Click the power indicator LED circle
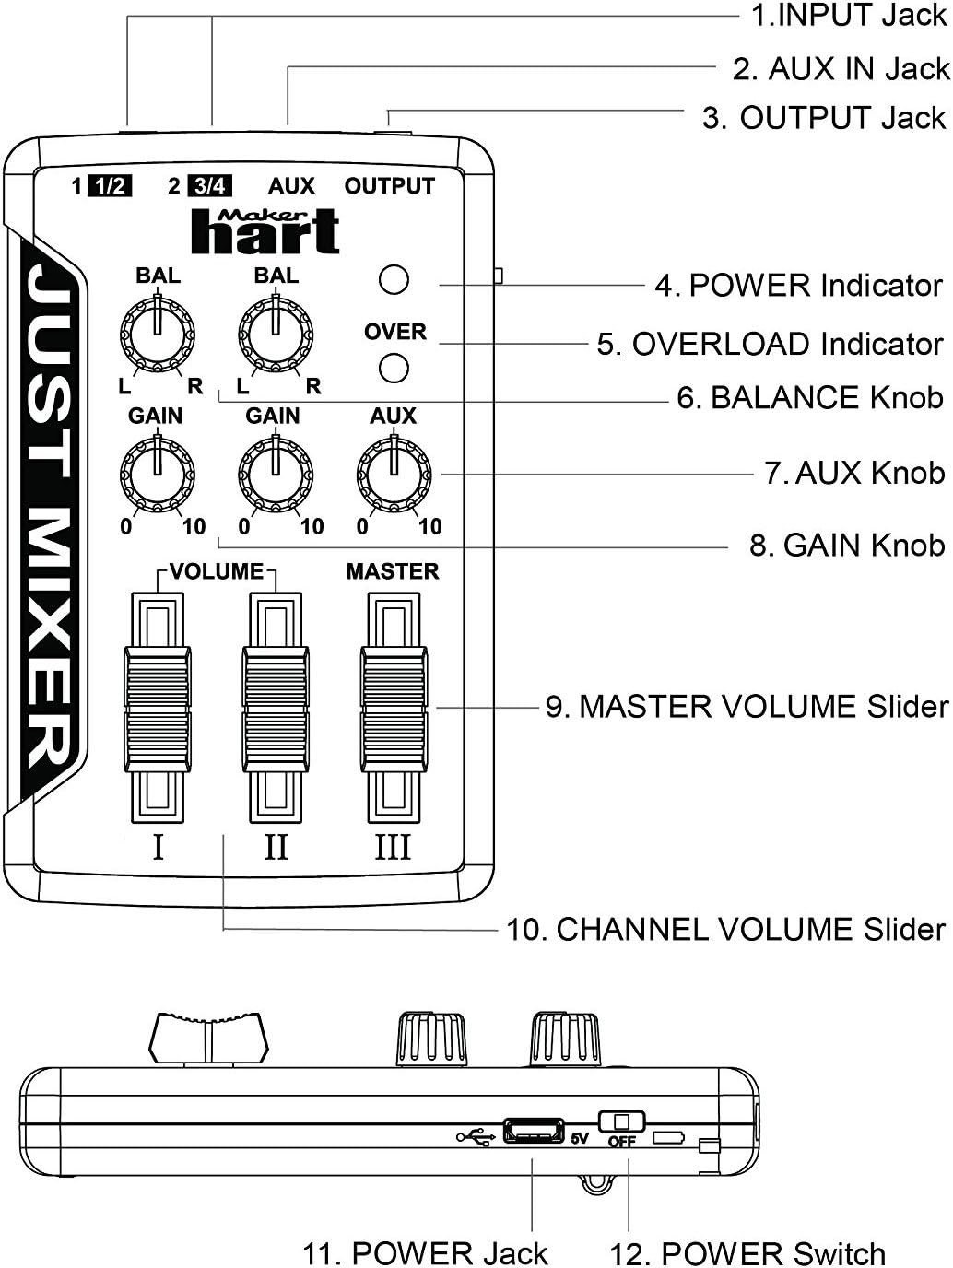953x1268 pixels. (394, 280)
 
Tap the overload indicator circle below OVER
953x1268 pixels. (394, 368)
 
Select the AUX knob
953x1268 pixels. (394, 475)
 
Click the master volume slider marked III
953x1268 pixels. (394, 708)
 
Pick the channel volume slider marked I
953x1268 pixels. (158, 708)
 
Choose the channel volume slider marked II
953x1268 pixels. (276, 708)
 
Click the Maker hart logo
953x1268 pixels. (265, 231)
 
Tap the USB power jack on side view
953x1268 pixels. (533, 1131)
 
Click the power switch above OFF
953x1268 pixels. (622, 1121)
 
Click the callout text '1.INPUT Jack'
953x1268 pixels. (848, 16)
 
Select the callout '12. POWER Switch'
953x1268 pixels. (747, 1253)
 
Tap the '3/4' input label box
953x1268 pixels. (209, 186)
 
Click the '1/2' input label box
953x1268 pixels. (110, 186)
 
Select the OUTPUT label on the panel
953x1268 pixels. (389, 186)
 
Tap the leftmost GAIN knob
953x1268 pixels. (158, 475)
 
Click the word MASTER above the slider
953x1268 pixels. (393, 571)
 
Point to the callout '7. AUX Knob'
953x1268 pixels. (854, 473)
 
